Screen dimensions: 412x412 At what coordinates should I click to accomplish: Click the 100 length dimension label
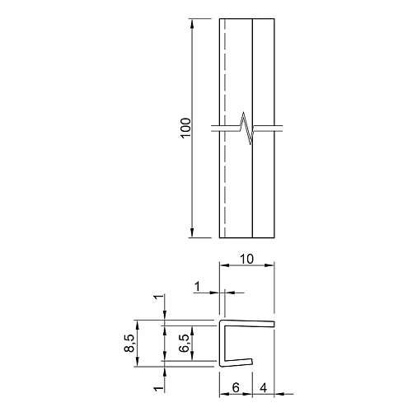(186, 128)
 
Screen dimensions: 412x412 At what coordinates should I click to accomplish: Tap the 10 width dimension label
(246, 259)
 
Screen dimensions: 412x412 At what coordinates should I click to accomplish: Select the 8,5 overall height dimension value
(129, 344)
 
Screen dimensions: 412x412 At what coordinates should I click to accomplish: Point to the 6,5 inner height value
(184, 344)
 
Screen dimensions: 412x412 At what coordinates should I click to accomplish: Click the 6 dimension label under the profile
(236, 387)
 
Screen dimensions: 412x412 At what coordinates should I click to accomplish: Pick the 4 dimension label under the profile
(263, 387)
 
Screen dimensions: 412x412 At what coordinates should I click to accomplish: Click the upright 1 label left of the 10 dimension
(197, 287)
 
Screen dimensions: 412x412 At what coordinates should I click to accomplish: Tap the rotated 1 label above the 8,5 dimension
(159, 297)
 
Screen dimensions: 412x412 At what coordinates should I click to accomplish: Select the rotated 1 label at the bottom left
(159, 389)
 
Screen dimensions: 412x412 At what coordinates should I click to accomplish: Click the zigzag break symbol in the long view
(246, 128)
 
